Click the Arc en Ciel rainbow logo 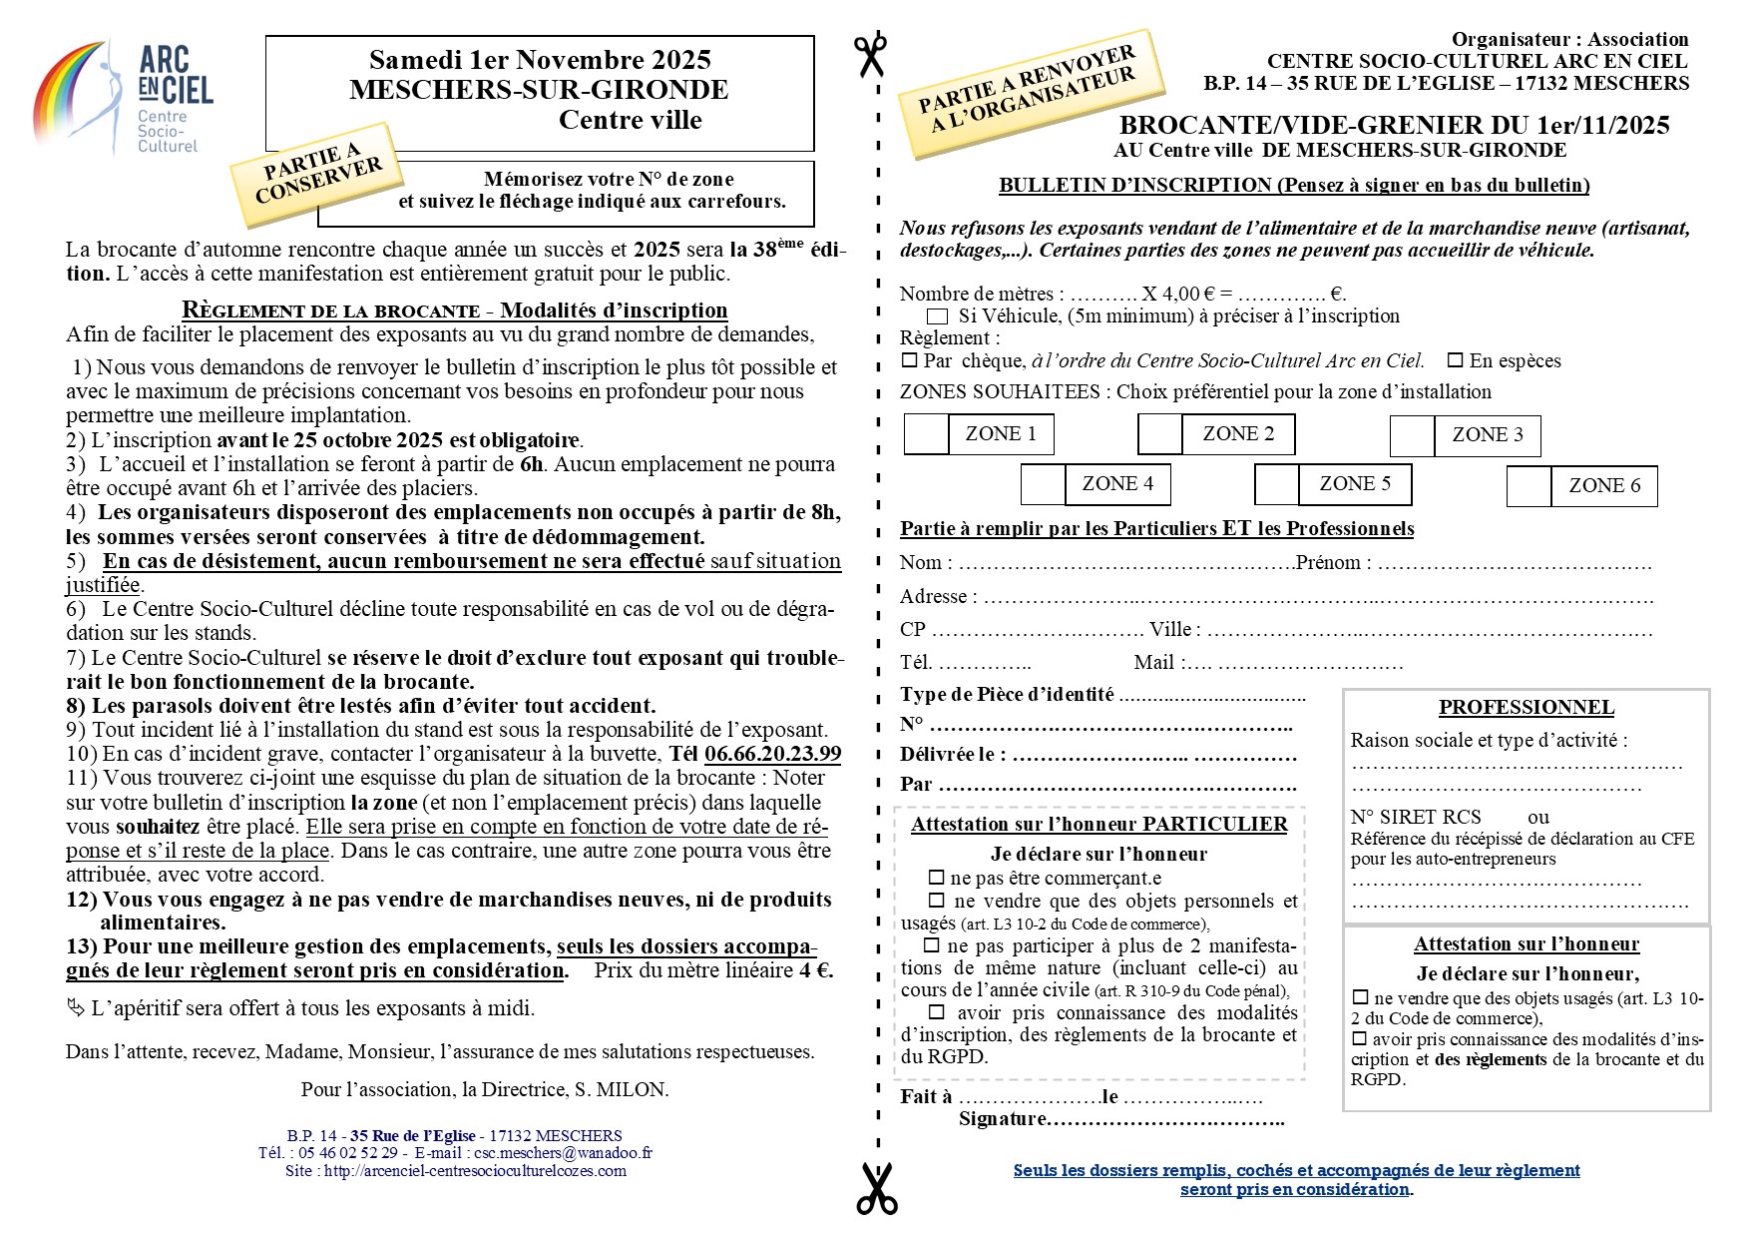(x=124, y=97)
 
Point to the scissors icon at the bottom (x=877, y=1187)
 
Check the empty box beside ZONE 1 (x=926, y=434)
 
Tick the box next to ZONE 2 (x=1160, y=434)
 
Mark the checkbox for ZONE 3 (x=1412, y=436)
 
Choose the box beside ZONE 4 (x=1043, y=484)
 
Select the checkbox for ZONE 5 (x=1276, y=484)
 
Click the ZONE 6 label (x=1604, y=486)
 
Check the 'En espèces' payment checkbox (x=1456, y=360)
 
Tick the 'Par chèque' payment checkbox (x=909, y=360)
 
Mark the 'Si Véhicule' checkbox (x=938, y=316)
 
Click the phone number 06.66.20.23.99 (x=772, y=754)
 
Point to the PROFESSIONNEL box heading (x=1526, y=708)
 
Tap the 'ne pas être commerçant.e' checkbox (x=936, y=879)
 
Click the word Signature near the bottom (x=1001, y=1119)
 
